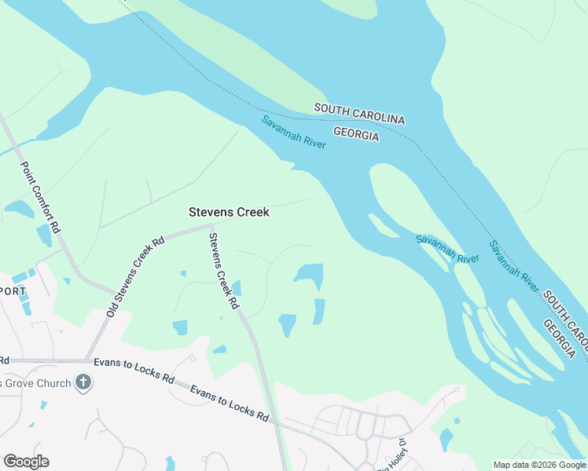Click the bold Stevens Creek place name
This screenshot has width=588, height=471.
tap(229, 212)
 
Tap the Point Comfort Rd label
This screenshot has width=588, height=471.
tap(40, 197)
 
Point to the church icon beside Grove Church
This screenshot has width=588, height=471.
tap(83, 383)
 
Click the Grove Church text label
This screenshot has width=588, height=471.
tap(35, 383)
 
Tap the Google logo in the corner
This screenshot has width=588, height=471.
tap(26, 462)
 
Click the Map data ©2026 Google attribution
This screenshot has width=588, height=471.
tap(538, 465)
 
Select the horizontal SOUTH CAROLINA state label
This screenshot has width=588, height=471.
tap(359, 113)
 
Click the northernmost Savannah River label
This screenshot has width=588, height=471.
tap(294, 133)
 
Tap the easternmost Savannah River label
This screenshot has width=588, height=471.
tap(514, 266)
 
